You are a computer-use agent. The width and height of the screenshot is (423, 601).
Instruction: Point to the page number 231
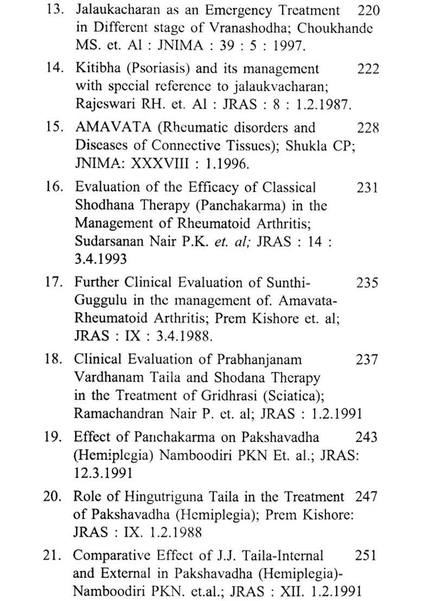(x=368, y=188)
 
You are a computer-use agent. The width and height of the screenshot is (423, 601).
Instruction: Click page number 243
(x=367, y=437)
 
